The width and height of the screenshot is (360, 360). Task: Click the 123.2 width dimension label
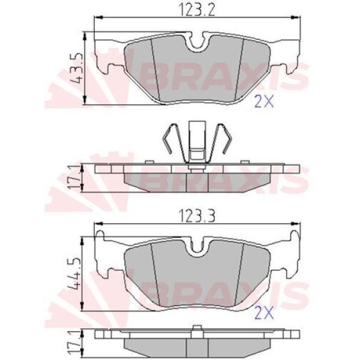[197, 10]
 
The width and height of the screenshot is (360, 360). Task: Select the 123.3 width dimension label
[197, 216]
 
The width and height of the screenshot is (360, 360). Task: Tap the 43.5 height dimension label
[76, 68]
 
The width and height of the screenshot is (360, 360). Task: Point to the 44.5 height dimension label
[74, 274]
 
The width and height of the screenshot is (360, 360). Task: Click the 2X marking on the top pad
[265, 101]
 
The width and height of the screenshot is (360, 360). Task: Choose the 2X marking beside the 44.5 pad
[265, 313]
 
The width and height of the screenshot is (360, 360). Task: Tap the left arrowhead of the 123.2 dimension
[98, 17]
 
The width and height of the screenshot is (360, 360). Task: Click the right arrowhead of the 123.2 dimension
[296, 17]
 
